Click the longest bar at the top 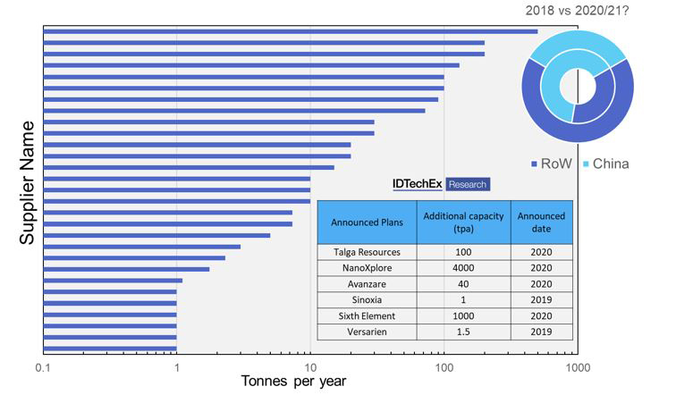click(291, 31)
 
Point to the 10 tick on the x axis click(310, 368)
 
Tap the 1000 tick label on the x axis click(577, 368)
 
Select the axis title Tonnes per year click(293, 382)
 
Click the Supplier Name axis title click(26, 182)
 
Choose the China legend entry click(611, 164)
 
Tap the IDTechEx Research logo click(441, 184)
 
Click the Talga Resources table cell click(367, 252)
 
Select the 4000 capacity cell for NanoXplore click(463, 268)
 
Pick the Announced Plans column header click(367, 222)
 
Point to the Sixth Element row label click(367, 316)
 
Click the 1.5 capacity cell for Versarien click(463, 332)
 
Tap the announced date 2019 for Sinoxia click(542, 300)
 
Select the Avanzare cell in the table click(367, 284)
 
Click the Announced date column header click(542, 222)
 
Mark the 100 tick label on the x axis click(444, 368)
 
